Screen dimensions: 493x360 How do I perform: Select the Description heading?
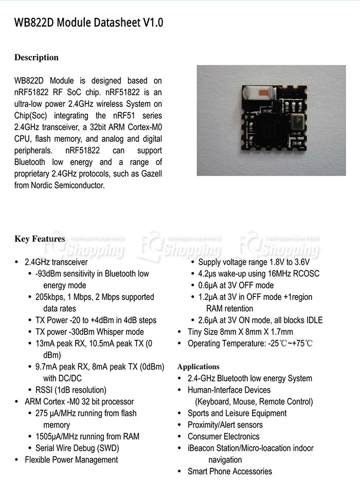37,58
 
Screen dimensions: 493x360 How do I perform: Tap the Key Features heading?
40,239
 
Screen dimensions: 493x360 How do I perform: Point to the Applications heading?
198,367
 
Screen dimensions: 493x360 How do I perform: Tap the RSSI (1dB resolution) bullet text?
71,390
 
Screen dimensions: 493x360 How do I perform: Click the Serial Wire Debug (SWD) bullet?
77,448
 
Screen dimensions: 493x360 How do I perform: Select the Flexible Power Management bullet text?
71,460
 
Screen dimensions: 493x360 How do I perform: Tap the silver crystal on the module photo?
297,122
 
